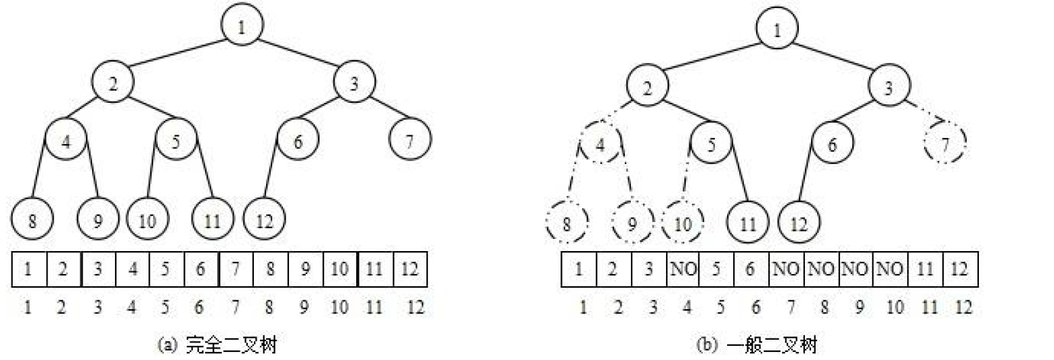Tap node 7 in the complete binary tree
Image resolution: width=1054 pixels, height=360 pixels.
[x=410, y=140]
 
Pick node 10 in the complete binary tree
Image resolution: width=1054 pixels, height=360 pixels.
[x=146, y=221]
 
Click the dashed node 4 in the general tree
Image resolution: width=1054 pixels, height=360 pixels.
[x=600, y=146]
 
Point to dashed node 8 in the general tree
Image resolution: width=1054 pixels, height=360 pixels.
[x=567, y=222]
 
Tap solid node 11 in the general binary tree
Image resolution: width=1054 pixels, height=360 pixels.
[x=749, y=222]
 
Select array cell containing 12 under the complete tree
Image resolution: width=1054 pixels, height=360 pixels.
[x=410, y=269]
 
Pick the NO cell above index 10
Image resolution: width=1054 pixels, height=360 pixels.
[x=891, y=269]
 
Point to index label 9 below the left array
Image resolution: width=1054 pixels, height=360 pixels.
[x=305, y=308]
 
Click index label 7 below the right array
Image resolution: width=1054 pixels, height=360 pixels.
[x=789, y=308]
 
